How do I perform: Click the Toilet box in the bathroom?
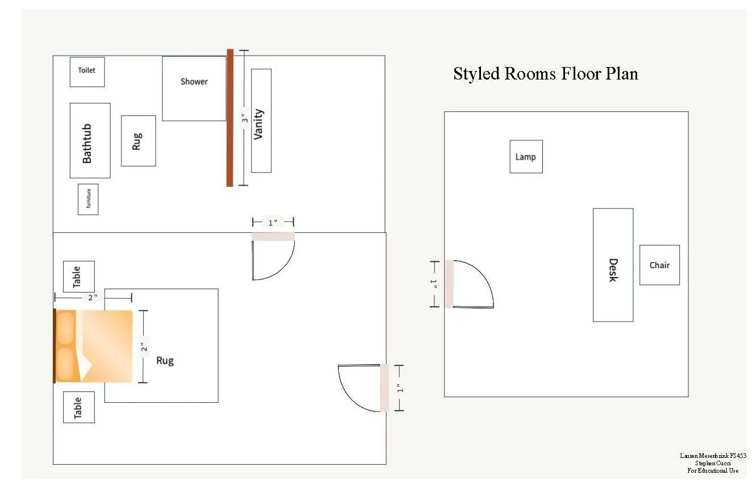coord(87,72)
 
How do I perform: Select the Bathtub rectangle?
coord(90,140)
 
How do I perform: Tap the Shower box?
coord(194,88)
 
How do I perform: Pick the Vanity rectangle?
coord(261,120)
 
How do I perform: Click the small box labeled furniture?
coord(88,199)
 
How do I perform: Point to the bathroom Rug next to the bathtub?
coord(138,141)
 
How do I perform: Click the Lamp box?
coord(526,157)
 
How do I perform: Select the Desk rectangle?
coord(613,265)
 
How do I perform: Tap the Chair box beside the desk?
coord(659,265)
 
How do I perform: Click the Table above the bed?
coord(78,277)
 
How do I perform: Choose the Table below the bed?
coord(78,407)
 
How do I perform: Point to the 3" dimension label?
coord(243,119)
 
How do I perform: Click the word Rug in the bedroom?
coord(165,360)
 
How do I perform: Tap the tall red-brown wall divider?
coord(230,118)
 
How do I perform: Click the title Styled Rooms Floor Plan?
coord(545,74)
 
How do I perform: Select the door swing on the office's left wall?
coord(471,284)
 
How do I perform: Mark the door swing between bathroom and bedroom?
coord(273,258)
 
